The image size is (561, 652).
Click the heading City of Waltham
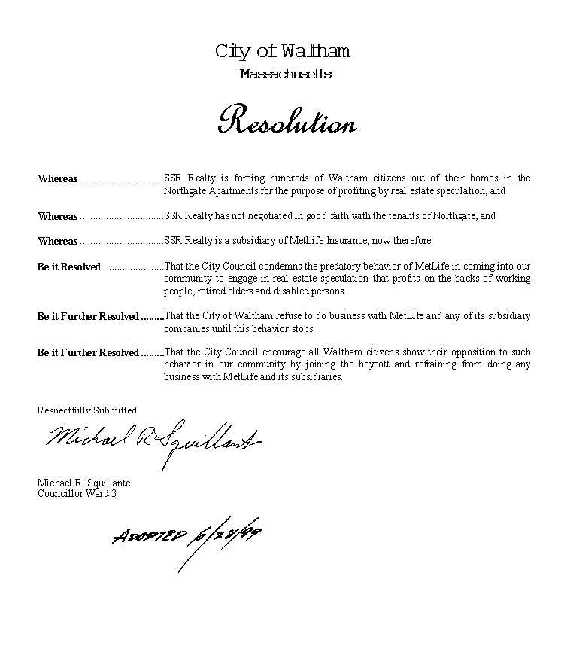[x=282, y=51]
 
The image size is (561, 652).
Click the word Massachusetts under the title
[x=285, y=74]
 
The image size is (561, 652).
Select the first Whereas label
[x=58, y=179]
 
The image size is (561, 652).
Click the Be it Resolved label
[x=69, y=267]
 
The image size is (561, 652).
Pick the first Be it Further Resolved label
[x=88, y=317]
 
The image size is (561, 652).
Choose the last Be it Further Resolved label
[x=88, y=353]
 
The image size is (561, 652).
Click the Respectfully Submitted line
[x=88, y=410]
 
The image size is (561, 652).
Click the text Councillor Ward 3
[x=77, y=493]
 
